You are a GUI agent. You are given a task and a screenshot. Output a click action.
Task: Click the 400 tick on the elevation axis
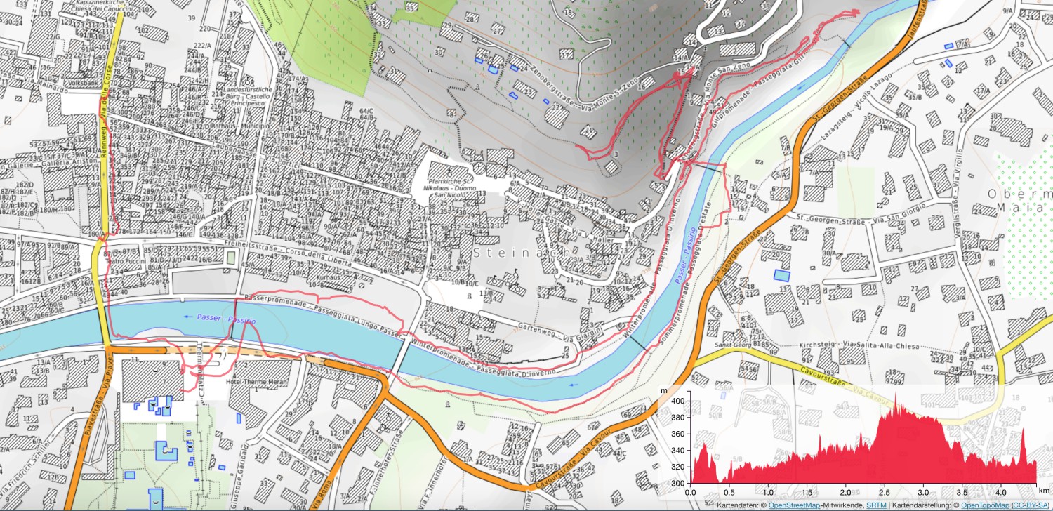[x=677, y=400]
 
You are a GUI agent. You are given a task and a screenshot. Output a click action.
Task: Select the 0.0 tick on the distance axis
[x=691, y=493]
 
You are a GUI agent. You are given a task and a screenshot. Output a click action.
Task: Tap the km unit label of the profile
[x=1046, y=493]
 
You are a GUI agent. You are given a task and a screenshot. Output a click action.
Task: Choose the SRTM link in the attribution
[x=875, y=505]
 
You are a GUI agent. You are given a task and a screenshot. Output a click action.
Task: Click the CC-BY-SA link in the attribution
[x=1030, y=505]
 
